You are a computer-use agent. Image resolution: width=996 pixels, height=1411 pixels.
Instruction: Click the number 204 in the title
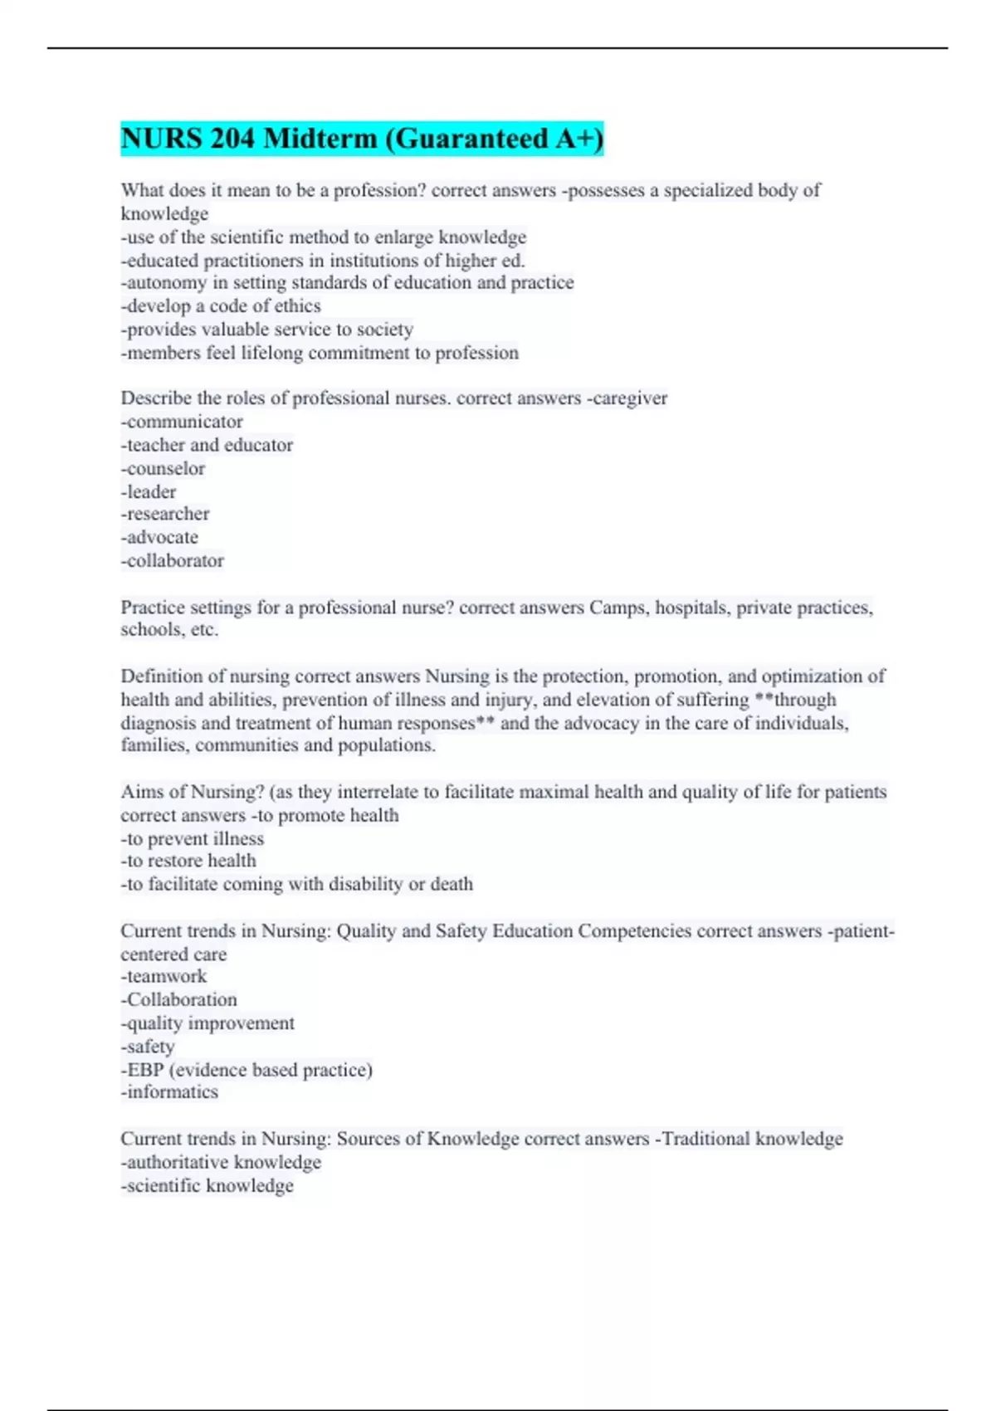point(232,139)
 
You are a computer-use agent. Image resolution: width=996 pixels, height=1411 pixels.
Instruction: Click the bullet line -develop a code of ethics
point(221,306)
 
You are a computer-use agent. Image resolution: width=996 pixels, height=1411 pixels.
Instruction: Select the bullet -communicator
point(182,422)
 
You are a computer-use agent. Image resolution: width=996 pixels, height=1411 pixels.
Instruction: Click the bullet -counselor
point(163,469)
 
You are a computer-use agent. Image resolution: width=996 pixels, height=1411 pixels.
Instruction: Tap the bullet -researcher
point(165,514)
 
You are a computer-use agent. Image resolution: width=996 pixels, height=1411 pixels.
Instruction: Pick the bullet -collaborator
point(173,561)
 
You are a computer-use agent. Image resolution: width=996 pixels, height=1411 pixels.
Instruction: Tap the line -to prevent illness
point(193,839)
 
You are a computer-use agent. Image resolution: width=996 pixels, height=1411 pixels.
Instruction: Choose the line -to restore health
point(188,861)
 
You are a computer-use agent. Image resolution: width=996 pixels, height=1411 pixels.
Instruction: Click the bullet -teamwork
point(164,977)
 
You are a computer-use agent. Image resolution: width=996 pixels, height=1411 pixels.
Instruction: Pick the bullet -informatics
point(169,1092)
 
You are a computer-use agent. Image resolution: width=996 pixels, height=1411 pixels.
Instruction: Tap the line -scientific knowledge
point(207,1186)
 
